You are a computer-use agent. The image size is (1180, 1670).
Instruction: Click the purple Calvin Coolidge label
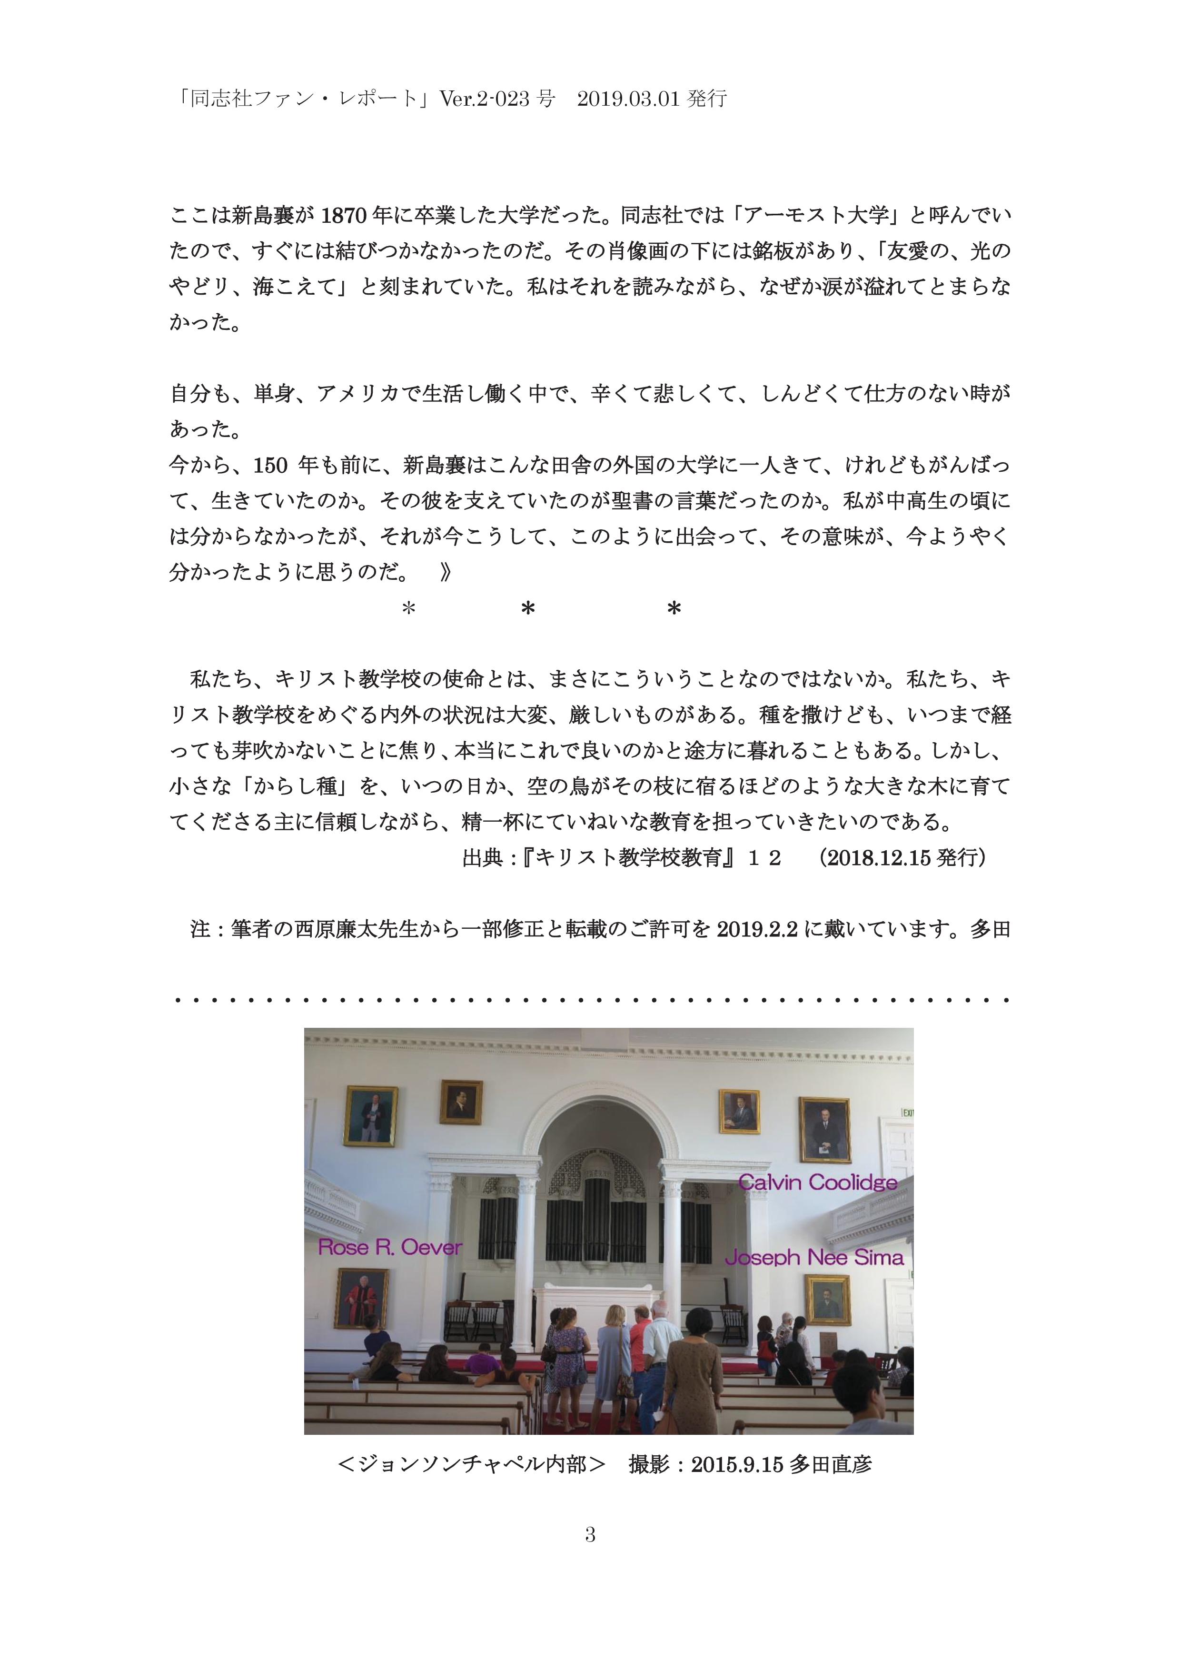(817, 1183)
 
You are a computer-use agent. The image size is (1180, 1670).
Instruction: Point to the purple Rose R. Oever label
(390, 1248)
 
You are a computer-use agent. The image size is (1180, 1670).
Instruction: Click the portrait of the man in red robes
(361, 1298)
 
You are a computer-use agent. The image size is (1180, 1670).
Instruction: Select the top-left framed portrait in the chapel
(370, 1116)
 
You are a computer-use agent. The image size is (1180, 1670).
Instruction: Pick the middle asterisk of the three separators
(528, 609)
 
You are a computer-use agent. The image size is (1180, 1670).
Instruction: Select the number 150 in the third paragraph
(270, 466)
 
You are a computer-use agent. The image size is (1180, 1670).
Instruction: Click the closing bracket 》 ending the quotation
(445, 572)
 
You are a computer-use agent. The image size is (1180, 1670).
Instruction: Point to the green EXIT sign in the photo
(907, 1112)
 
